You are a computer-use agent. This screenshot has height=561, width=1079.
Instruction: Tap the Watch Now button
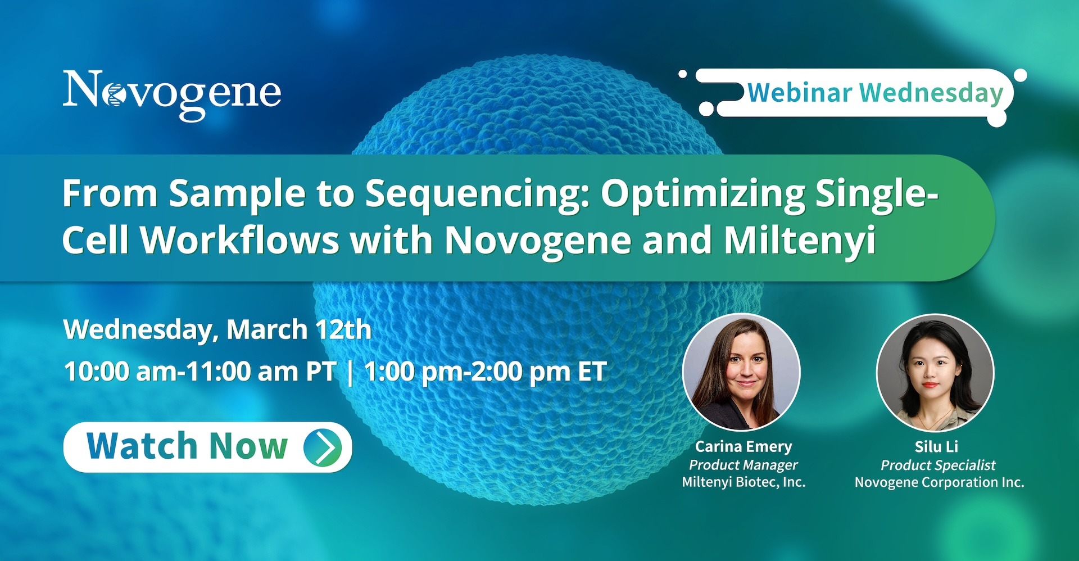point(208,447)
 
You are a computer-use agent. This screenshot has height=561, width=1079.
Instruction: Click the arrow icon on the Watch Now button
point(323,447)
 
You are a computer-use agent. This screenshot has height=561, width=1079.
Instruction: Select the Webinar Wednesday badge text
point(875,93)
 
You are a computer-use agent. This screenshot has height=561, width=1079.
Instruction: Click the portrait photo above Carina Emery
point(741,372)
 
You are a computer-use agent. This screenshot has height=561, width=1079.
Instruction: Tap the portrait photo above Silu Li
point(935,372)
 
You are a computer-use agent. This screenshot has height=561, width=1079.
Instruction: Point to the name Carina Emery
point(743,446)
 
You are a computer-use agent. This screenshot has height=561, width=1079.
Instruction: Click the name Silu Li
point(936,446)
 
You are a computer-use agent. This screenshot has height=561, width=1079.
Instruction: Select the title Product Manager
point(743,465)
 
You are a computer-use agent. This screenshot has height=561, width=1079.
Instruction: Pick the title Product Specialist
point(938,465)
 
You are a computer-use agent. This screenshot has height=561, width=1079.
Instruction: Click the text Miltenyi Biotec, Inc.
point(743,482)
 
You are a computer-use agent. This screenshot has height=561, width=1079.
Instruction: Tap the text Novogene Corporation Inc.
point(939,482)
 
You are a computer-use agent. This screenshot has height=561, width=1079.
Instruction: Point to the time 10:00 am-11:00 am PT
point(200,372)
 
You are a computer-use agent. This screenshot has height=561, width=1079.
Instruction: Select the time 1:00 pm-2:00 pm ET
point(486,372)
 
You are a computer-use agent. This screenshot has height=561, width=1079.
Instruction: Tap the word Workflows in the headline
point(240,241)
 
